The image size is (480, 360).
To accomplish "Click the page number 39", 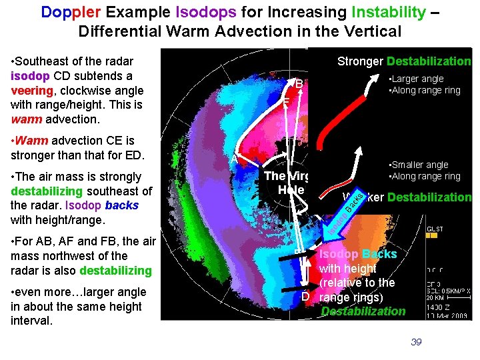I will coord(416,342).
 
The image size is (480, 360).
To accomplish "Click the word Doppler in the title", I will coord(66,11).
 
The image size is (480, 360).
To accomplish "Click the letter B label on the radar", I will coord(299,85).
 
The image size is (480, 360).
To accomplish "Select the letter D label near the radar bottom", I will coord(305,296).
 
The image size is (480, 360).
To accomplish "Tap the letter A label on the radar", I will coord(233,159).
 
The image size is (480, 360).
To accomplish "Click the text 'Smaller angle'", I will coord(420,165).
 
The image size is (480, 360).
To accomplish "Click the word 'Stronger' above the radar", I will coord(360,61).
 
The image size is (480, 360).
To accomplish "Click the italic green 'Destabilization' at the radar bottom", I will coord(363,311).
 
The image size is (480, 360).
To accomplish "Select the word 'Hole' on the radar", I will coord(291,189).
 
